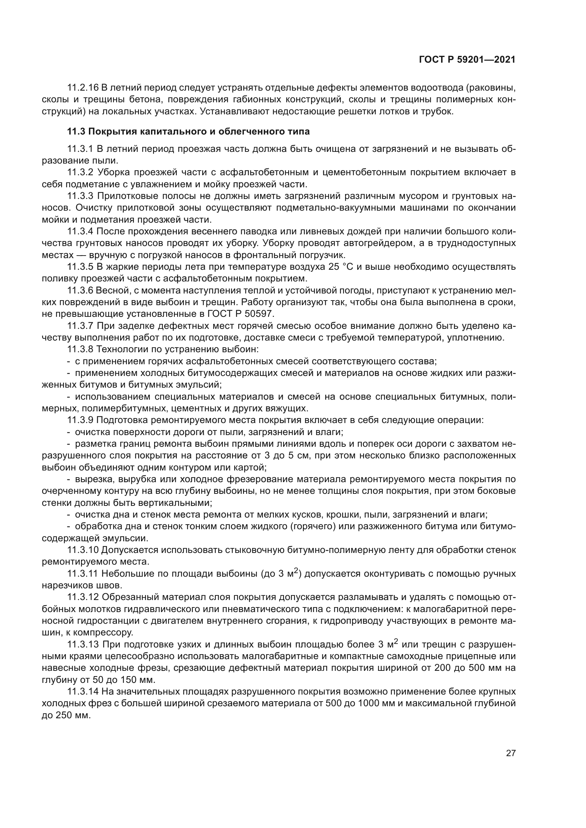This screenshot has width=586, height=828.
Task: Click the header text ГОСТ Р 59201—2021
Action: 467,60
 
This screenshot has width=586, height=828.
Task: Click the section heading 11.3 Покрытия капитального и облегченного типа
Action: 188,132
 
